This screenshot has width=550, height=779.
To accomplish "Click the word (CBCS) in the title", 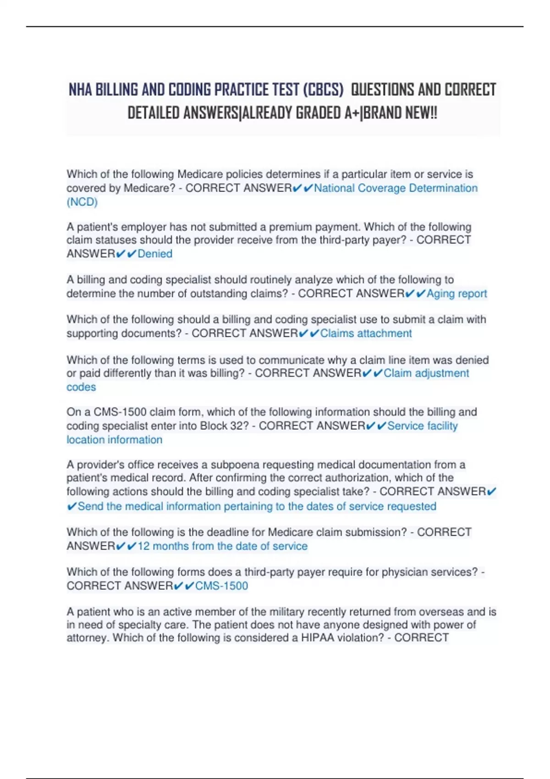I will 323,90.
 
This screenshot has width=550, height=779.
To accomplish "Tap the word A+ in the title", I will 352,113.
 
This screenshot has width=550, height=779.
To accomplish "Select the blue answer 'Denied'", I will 155,254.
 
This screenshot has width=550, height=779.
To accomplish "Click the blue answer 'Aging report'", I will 456,294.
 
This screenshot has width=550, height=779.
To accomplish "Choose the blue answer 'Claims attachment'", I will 366,334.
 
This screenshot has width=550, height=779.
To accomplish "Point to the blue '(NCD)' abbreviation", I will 82,202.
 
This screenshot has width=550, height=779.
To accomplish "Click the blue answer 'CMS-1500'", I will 221,586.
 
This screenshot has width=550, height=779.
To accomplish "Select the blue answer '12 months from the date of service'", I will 222,546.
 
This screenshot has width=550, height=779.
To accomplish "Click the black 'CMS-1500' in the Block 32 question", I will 120,412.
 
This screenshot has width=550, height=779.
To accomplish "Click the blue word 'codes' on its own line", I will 81,387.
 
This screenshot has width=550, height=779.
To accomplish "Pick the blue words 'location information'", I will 115,440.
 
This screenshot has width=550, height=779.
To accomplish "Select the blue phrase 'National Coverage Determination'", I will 396,188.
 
